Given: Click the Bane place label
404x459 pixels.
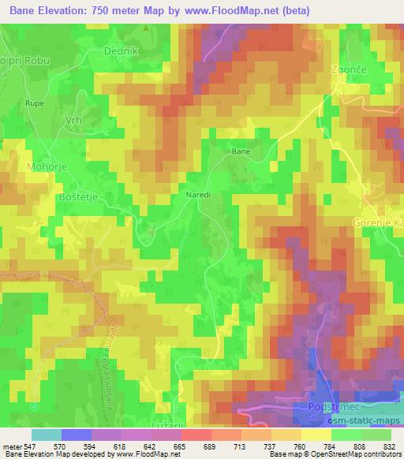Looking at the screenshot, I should [240, 150].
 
